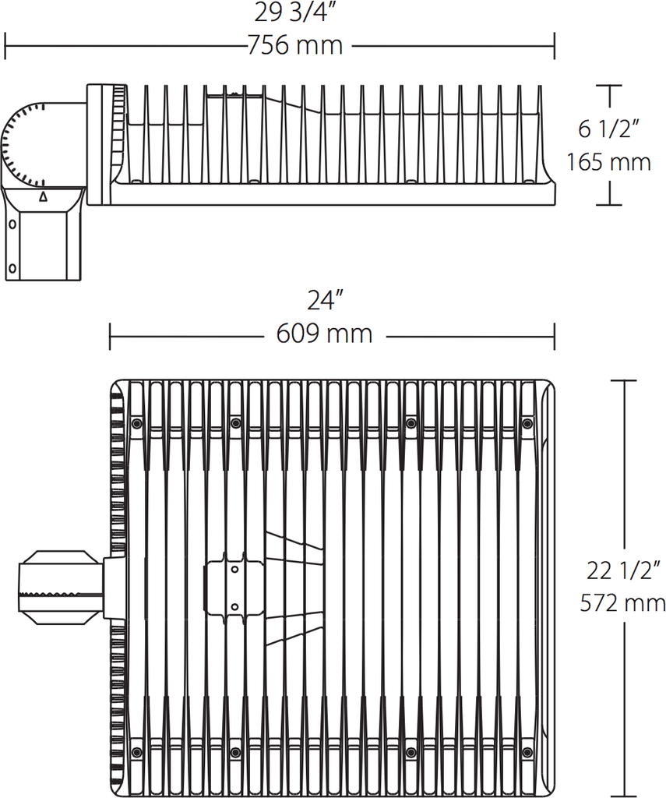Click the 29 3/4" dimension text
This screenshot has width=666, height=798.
click(x=295, y=13)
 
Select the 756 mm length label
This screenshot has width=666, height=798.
click(x=295, y=46)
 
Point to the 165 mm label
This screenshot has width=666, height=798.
click(x=608, y=162)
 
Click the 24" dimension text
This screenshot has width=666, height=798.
click(x=324, y=301)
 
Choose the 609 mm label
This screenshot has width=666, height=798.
click(x=324, y=334)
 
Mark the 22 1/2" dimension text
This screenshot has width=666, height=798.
click(x=623, y=570)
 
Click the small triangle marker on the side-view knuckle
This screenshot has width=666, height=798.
click(x=43, y=196)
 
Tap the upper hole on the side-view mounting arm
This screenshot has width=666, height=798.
click(x=12, y=224)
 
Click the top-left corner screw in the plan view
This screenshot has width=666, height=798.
click(x=137, y=423)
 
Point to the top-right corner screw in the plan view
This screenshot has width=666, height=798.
click(x=527, y=423)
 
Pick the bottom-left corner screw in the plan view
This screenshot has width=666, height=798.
click(x=137, y=752)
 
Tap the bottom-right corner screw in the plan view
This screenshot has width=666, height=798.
click(x=527, y=752)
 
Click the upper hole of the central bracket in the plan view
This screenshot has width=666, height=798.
click(x=234, y=569)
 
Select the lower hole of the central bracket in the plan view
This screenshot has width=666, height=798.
click(x=234, y=606)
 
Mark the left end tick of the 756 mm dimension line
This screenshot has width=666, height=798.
click(x=6, y=46)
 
